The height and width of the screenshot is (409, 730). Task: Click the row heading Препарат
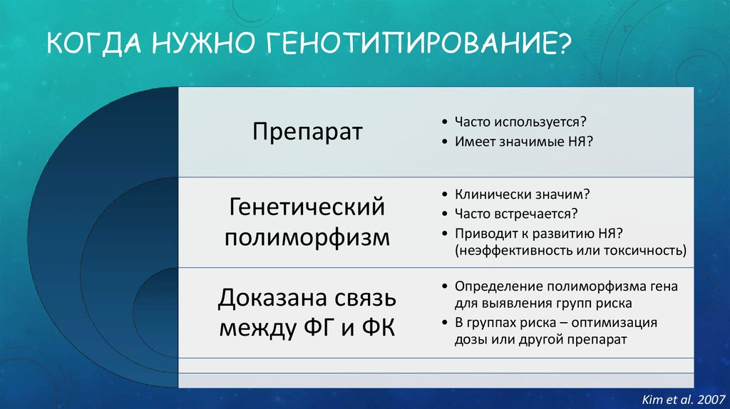click(307, 132)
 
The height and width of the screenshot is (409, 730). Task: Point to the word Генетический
click(307, 207)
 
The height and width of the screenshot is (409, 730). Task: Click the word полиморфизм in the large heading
click(307, 238)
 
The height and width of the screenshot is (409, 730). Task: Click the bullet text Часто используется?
click(520, 122)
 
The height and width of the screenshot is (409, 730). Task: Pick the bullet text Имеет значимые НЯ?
click(524, 142)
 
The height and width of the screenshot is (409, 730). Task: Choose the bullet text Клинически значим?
click(522, 194)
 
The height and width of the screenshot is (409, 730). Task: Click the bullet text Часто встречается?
click(516, 214)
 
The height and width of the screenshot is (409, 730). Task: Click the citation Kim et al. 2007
click(684, 399)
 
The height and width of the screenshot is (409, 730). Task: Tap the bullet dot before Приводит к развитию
click(445, 233)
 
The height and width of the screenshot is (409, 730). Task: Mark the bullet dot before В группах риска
click(445, 323)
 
